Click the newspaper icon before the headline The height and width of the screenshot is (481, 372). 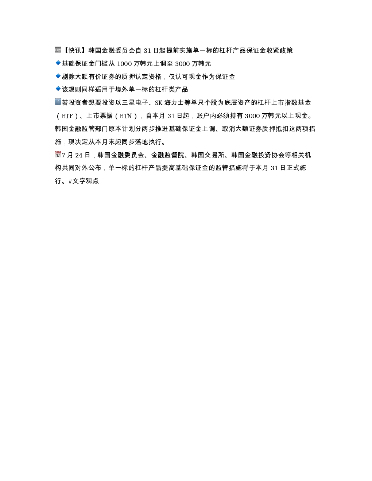pyautogui.click(x=58, y=50)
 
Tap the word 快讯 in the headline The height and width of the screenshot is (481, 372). pyautogui.click(x=75, y=50)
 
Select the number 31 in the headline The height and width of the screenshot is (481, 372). pyautogui.click(x=147, y=51)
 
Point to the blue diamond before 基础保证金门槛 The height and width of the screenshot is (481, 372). pyautogui.click(x=58, y=63)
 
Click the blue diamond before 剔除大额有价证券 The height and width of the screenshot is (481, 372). pyautogui.click(x=58, y=76)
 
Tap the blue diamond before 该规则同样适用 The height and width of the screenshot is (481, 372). pyautogui.click(x=58, y=89)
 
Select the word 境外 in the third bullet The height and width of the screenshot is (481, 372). pyautogui.click(x=122, y=89)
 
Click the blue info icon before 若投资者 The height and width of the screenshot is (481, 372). pyautogui.click(x=58, y=102)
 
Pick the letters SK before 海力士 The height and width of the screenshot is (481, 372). pyautogui.click(x=159, y=103)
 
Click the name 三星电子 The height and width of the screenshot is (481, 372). pyautogui.click(x=135, y=102)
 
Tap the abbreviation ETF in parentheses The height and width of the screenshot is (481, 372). pyautogui.click(x=67, y=116)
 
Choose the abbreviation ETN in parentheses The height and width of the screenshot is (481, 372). pyautogui.click(x=126, y=116)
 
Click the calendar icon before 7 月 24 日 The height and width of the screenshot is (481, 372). pyautogui.click(x=58, y=154)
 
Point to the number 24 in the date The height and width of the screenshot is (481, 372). pyautogui.click(x=79, y=155)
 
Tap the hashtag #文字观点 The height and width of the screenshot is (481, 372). pyautogui.click(x=84, y=181)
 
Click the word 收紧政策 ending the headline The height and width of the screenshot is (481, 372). pyautogui.click(x=280, y=50)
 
